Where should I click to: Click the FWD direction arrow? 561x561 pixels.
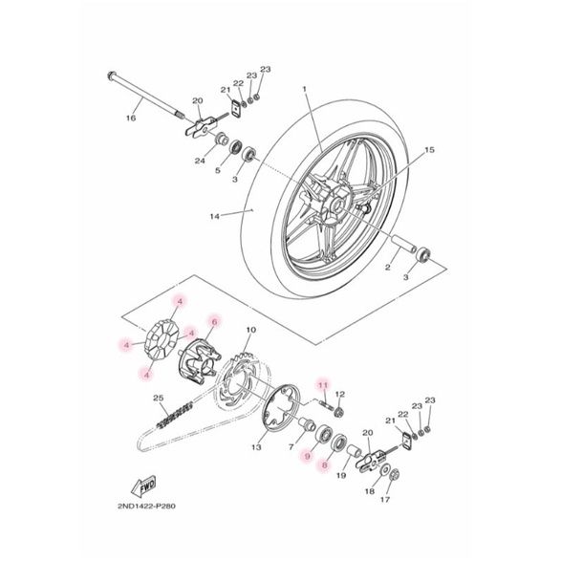(143, 486)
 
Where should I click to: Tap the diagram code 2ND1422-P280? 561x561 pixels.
(146, 507)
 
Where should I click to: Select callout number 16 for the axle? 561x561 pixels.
(131, 118)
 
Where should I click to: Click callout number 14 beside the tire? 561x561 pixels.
(215, 216)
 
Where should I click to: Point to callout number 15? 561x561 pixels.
(429, 149)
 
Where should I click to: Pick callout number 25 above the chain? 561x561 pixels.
(159, 398)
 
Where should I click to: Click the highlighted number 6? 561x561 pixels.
(215, 322)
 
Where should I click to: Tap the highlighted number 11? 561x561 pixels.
(323, 385)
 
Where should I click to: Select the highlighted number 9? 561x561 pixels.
(307, 456)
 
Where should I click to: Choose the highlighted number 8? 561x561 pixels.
(325, 465)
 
